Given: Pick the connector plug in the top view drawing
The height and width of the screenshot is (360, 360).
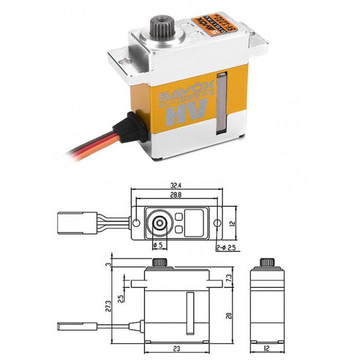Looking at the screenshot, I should pos(69,223).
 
